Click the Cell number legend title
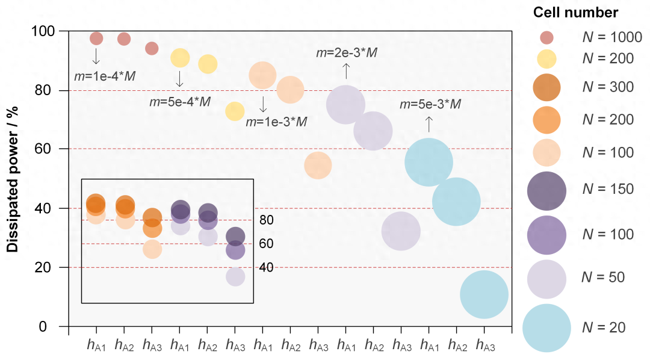[575, 12]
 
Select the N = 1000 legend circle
[545, 37]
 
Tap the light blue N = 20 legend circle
[546, 327]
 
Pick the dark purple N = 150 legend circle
[546, 189]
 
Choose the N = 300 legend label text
[608, 87]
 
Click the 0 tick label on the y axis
[51, 327]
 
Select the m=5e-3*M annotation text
[430, 105]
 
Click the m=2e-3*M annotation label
[347, 53]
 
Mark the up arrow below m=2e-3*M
[346, 71]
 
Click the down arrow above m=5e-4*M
[179, 79]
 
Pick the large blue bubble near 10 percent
[484, 294]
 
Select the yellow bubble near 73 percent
[235, 111]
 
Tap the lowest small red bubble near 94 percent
[152, 48]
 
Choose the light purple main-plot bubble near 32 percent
[401, 231]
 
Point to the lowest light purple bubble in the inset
[235, 277]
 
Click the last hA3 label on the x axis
[484, 345]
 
